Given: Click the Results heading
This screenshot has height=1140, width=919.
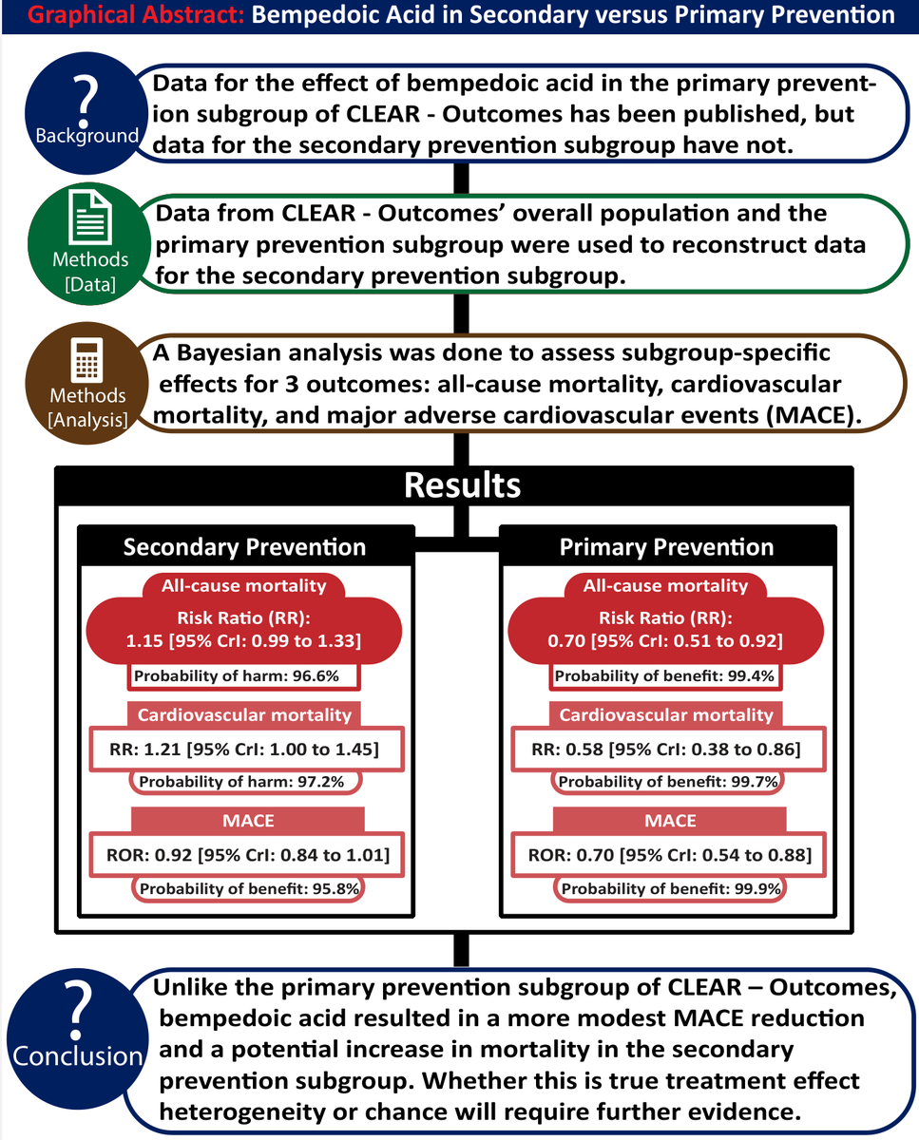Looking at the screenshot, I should pyautogui.click(x=462, y=485).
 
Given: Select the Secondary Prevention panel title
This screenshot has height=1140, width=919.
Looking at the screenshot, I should pyautogui.click(x=245, y=547).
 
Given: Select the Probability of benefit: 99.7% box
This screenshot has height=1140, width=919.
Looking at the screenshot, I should pyautogui.click(x=668, y=782).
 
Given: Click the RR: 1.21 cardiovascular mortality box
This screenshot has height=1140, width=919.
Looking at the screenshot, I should pyautogui.click(x=244, y=750).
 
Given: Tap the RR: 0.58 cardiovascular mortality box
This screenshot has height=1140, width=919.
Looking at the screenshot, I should pyautogui.click(x=666, y=750).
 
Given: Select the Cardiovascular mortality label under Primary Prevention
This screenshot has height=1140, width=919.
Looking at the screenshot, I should pyautogui.click(x=666, y=714).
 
